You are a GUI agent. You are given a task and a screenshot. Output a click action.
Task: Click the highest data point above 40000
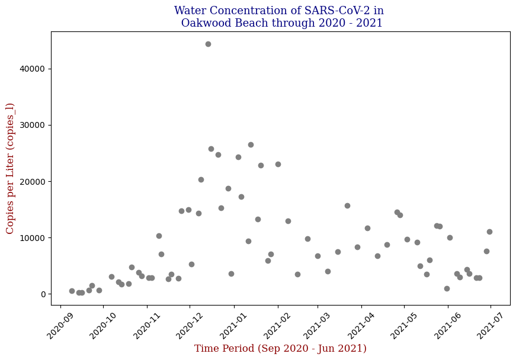pyautogui.click(x=208, y=44)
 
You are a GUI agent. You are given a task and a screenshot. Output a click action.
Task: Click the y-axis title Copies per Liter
pyautogui.click(x=10, y=168)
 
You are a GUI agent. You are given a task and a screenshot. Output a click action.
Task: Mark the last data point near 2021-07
pyautogui.click(x=489, y=232)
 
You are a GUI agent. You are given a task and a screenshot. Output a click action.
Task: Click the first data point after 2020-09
pyautogui.click(x=72, y=291)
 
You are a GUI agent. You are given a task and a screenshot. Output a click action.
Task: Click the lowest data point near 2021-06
pyautogui.click(x=447, y=288)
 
